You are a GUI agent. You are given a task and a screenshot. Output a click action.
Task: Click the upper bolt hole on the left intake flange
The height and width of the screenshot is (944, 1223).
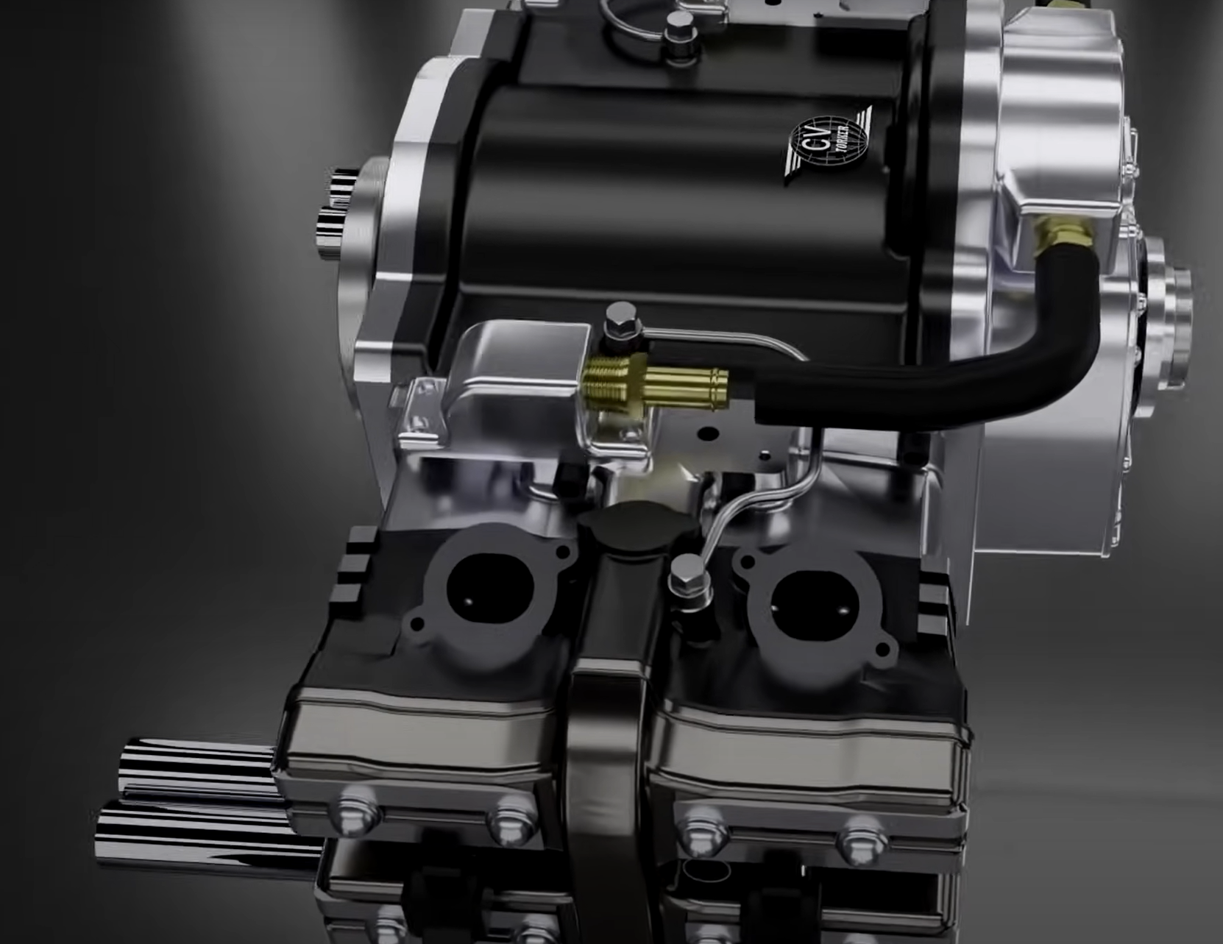tap(564, 551)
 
